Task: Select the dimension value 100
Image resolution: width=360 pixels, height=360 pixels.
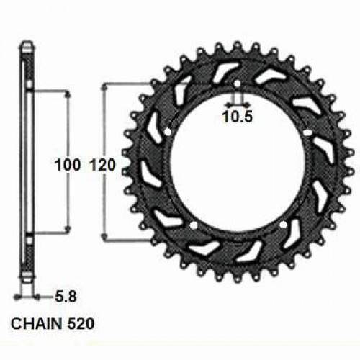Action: (68, 165)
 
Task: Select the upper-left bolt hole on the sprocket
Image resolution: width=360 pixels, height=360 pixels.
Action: (167, 132)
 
